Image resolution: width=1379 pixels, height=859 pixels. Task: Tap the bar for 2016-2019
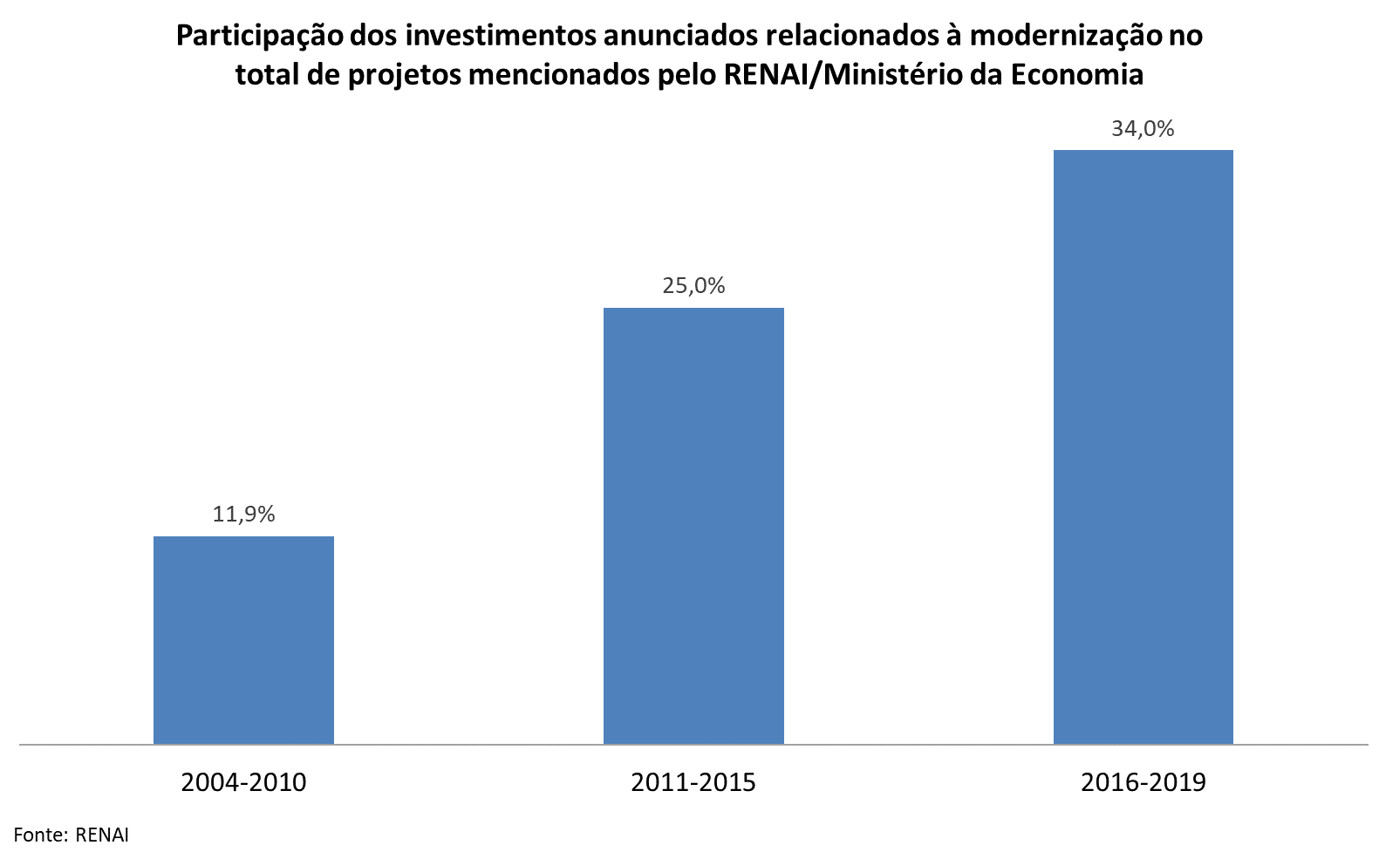point(1143,447)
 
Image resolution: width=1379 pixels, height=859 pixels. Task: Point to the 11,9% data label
point(243,514)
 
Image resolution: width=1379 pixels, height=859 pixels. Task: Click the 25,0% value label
point(693,285)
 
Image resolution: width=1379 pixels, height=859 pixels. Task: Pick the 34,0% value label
point(1143,128)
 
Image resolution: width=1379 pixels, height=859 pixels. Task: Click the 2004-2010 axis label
point(243,782)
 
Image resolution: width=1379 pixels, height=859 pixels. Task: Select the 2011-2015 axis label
point(693,782)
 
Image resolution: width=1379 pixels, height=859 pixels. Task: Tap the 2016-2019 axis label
point(1143,782)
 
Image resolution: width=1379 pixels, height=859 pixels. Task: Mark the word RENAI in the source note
point(102,835)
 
